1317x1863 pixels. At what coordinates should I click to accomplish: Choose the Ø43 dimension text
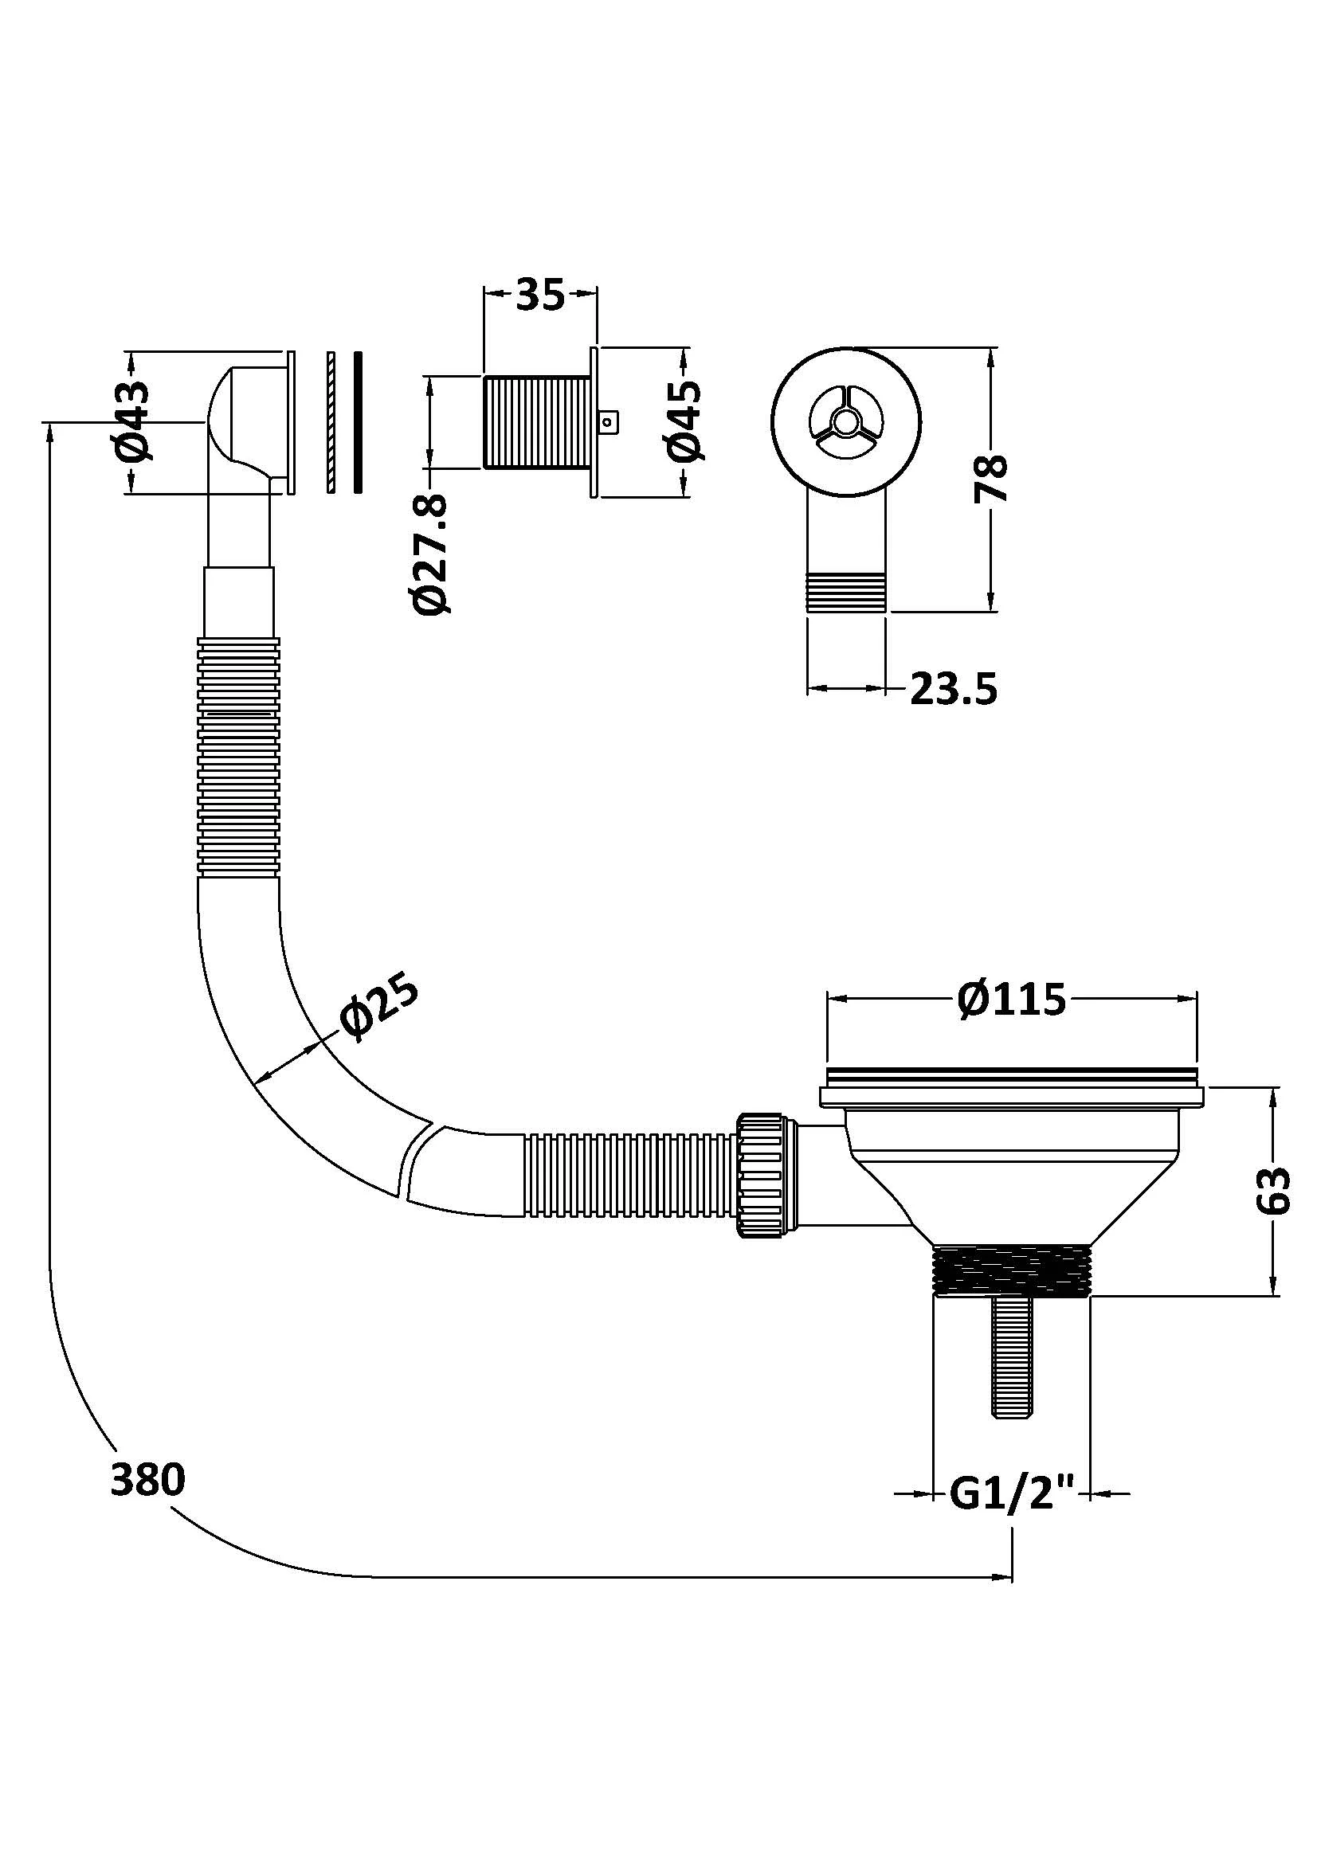(x=135, y=421)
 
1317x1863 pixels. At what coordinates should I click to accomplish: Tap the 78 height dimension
(x=992, y=479)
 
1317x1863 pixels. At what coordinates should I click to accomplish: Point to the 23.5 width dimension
(x=954, y=689)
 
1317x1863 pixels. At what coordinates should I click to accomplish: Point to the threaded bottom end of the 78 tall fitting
(x=845, y=591)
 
